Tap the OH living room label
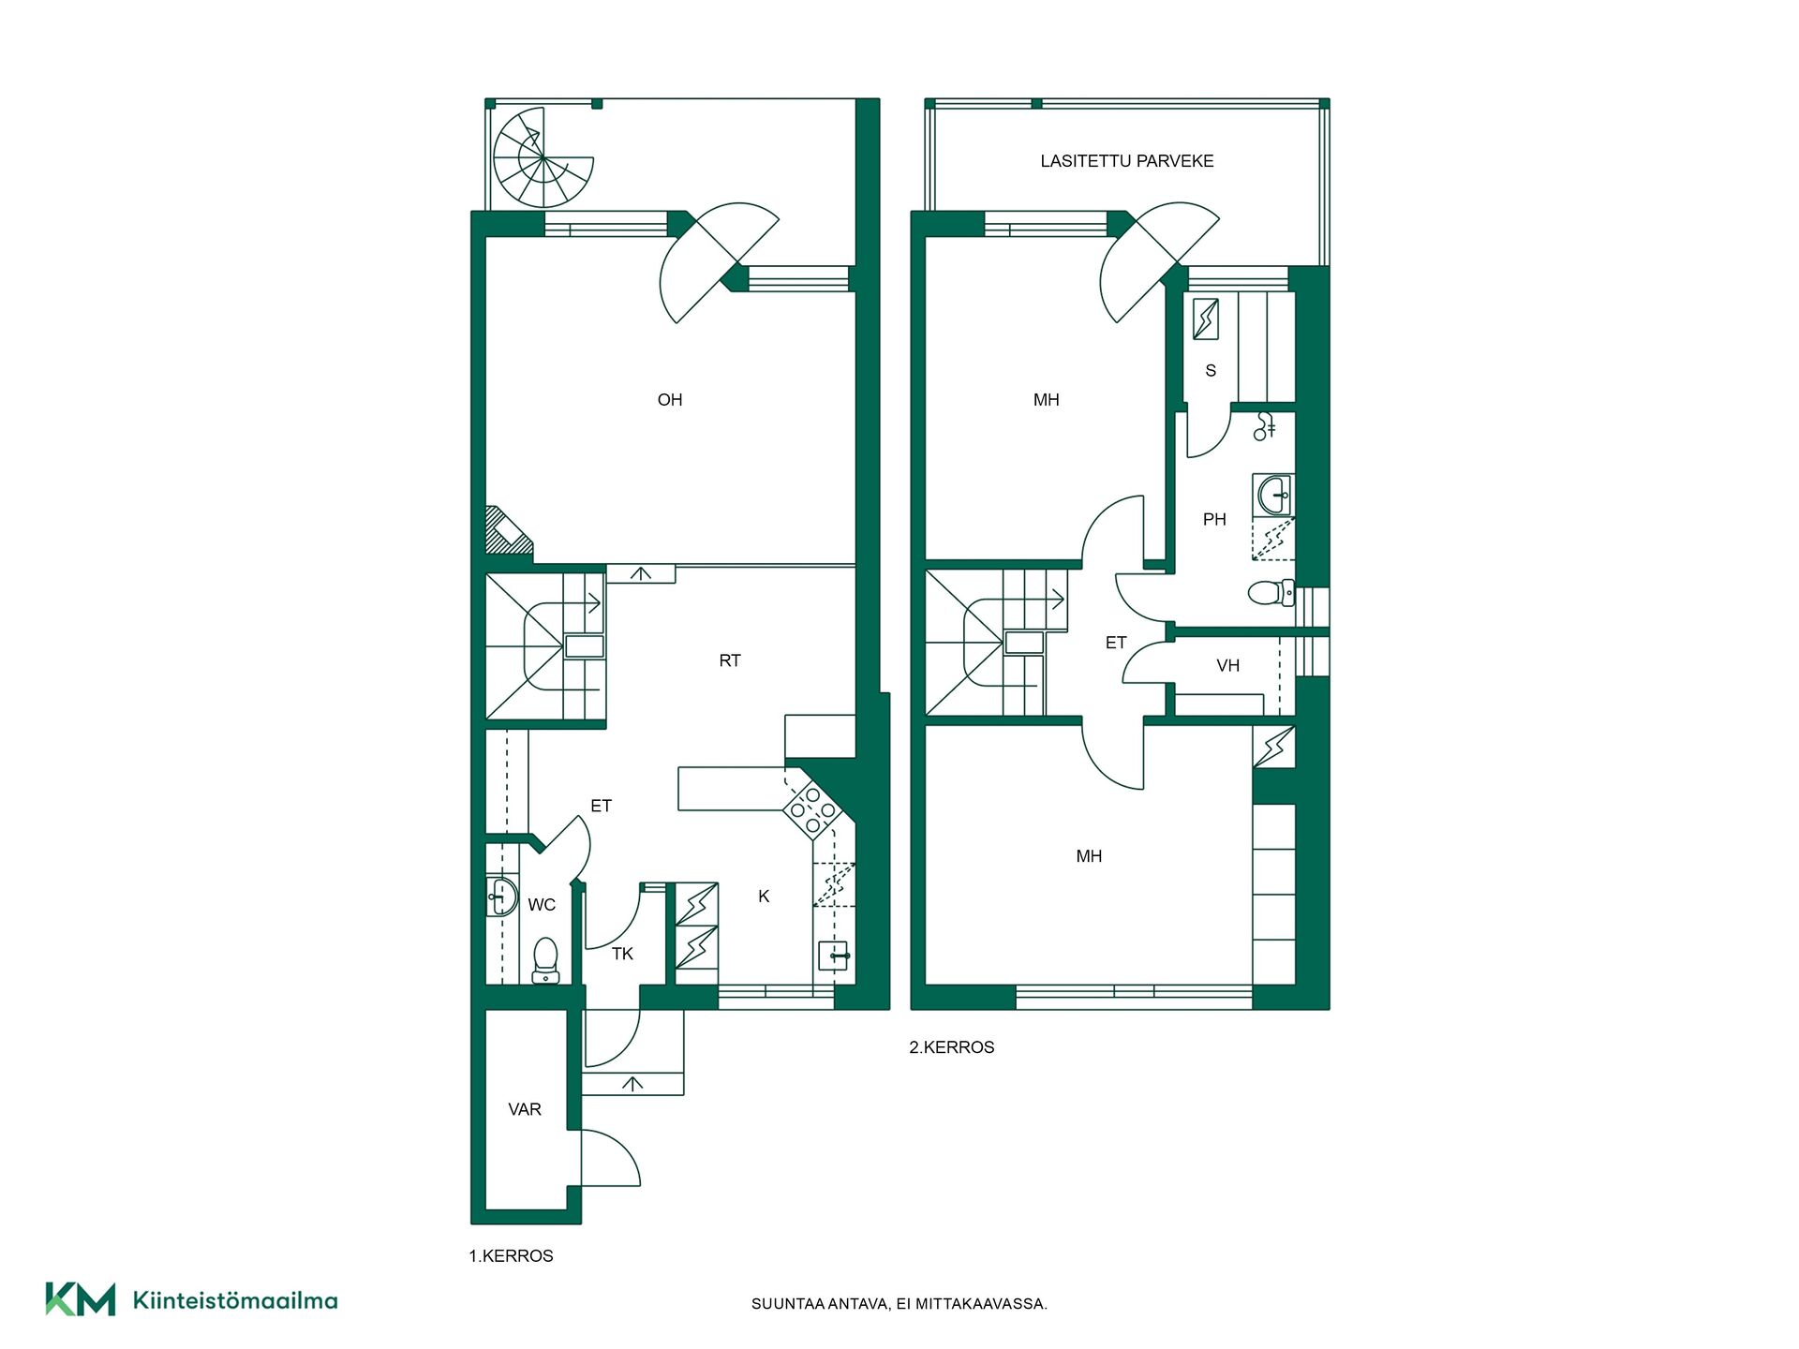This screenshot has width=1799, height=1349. [670, 400]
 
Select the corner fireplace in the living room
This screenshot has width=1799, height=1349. [507, 531]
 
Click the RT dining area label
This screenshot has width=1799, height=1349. [730, 660]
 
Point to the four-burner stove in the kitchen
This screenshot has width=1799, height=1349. [812, 810]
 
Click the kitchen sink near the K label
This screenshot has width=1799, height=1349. [833, 956]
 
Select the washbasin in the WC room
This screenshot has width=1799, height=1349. [502, 897]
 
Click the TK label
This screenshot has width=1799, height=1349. [622, 954]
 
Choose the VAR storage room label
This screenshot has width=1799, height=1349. [525, 1109]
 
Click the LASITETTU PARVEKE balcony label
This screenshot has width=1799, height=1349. [1127, 161]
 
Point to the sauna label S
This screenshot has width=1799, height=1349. [1211, 371]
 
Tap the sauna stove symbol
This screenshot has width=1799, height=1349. [1206, 319]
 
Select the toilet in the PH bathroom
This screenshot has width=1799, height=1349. [1271, 593]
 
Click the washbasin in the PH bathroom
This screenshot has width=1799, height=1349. [1273, 495]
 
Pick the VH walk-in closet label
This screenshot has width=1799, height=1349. [1227, 666]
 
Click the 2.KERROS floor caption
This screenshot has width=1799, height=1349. [952, 1047]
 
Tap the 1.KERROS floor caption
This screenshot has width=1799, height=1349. [512, 1256]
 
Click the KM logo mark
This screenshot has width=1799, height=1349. [81, 1299]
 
